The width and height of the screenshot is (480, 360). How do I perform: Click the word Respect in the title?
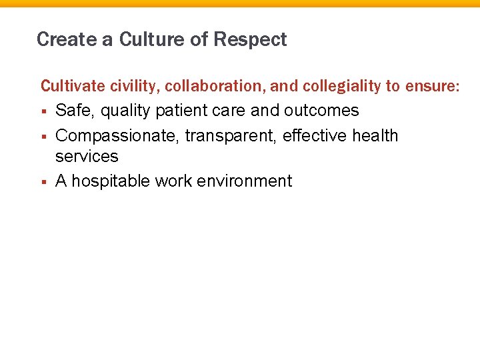click(x=250, y=40)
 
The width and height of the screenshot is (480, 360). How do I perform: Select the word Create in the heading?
click(x=66, y=40)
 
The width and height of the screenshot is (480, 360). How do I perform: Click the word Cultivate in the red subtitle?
click(x=68, y=86)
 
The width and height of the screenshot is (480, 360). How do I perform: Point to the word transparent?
click(x=231, y=136)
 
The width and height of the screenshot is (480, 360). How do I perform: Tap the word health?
click(x=375, y=136)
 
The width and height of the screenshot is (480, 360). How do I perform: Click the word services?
click(x=87, y=157)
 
